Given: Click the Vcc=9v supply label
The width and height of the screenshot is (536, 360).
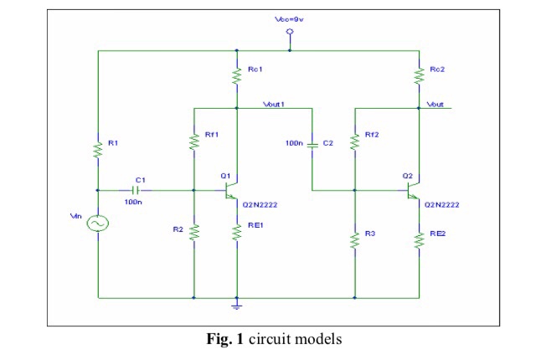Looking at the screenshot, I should [x=290, y=19].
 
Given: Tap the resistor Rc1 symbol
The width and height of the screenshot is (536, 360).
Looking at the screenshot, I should [x=237, y=75].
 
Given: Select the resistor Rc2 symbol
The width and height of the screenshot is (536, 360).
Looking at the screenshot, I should [x=419, y=75].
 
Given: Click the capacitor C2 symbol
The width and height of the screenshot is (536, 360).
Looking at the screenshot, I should [x=312, y=144].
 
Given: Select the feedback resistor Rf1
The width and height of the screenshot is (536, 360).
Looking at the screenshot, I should [x=194, y=141].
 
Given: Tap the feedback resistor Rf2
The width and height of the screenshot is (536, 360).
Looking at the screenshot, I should [x=355, y=141].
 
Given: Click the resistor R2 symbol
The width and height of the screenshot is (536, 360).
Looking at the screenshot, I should [x=194, y=232].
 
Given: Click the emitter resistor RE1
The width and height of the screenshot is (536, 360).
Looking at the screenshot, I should [x=237, y=232].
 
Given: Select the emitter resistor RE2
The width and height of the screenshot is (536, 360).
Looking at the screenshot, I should [x=419, y=240].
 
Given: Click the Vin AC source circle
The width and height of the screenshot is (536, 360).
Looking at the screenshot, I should [x=98, y=224].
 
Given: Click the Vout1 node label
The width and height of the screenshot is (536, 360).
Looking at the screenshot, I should [x=274, y=105].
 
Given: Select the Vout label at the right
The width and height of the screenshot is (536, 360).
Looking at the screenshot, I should [x=435, y=105].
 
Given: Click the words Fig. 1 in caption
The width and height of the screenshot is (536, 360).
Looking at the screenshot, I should [x=224, y=339].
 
